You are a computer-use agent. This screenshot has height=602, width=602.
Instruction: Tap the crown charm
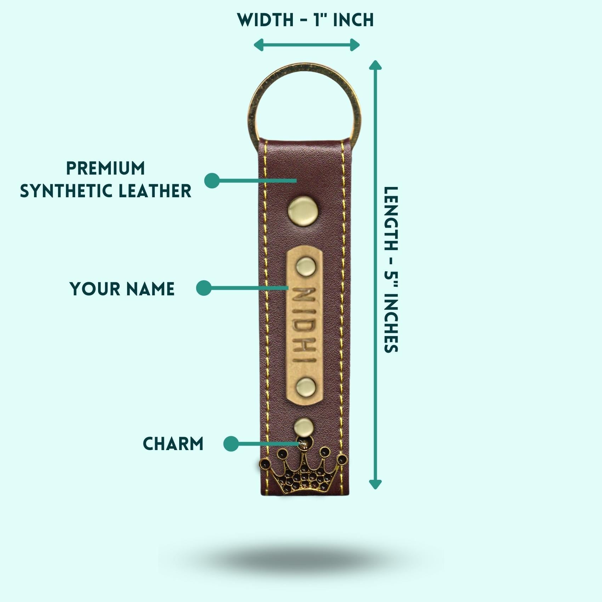coord(303,470)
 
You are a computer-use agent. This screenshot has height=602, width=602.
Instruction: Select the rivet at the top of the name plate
coord(306,266)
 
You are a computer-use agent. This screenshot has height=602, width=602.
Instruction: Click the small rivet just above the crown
coord(304,427)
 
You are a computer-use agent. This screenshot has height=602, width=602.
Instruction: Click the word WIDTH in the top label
coord(266,20)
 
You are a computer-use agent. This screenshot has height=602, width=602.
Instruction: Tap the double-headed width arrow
coord(307,45)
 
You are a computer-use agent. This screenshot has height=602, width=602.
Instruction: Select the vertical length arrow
coord(375,274)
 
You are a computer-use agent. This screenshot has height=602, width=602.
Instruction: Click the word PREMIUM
coord(106,168)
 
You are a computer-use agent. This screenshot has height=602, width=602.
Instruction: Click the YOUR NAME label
coord(122,289)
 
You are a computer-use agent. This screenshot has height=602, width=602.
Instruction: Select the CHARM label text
coord(173,444)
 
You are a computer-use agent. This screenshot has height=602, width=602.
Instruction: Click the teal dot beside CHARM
coord(231,444)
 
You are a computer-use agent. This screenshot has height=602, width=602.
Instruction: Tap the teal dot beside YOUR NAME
coord(204,288)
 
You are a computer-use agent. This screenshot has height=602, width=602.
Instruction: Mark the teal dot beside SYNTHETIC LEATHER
coord(212,181)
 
